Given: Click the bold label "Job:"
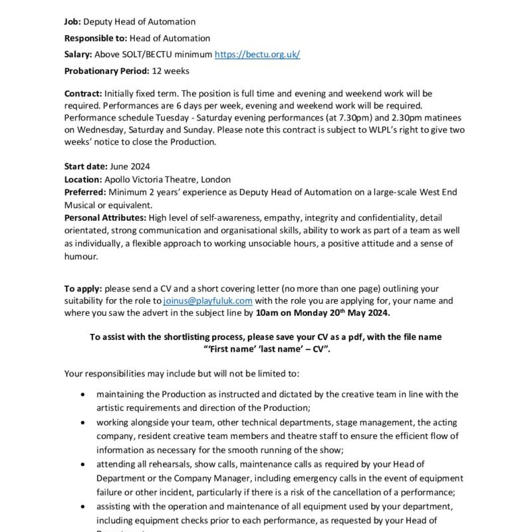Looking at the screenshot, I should click(x=72, y=22).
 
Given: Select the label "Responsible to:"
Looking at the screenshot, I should click(x=96, y=38).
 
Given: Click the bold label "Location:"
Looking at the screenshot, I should click(x=83, y=180).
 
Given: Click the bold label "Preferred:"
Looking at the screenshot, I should click(x=85, y=192).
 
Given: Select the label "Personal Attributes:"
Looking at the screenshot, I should click(x=105, y=218).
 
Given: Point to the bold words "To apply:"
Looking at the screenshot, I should click(x=83, y=289).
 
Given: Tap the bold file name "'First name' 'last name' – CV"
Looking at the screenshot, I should click(x=265, y=349).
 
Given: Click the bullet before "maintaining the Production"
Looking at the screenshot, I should click(x=82, y=394).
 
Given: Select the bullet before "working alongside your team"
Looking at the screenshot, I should click(x=82, y=422).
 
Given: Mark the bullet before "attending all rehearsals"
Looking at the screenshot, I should click(x=82, y=464).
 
